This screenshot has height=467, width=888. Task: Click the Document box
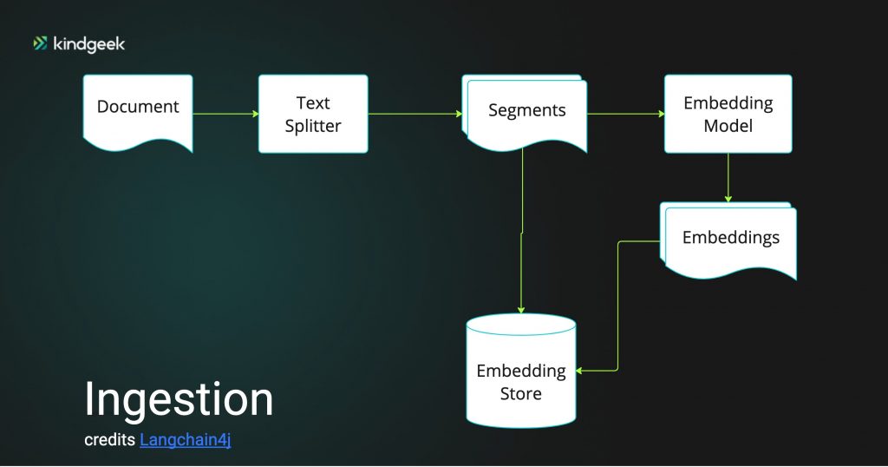[x=138, y=113]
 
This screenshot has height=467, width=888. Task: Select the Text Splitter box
[x=313, y=114]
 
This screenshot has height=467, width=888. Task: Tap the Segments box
[x=525, y=113]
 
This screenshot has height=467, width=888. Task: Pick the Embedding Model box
[x=728, y=114]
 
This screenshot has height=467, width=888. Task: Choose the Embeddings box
[x=728, y=240]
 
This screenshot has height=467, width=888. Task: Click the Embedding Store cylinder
[x=521, y=371]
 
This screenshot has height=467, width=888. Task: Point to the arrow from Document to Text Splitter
[x=225, y=114]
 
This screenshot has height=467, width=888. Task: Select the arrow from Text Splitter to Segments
[x=415, y=114]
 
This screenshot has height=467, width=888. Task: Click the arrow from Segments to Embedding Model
[x=626, y=114]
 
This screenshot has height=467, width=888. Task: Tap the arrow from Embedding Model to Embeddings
[x=728, y=177]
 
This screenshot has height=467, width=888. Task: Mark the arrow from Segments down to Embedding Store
[x=521, y=231]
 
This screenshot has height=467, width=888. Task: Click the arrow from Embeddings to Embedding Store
[x=617, y=306]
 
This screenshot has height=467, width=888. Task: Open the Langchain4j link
[x=186, y=440]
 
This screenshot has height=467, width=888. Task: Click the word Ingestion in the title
[x=179, y=400]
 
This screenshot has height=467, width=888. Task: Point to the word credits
[x=110, y=440]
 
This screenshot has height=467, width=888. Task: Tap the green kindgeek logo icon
[x=40, y=43]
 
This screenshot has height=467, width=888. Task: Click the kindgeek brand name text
[x=89, y=44]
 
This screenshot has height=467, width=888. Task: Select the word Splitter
[x=313, y=126]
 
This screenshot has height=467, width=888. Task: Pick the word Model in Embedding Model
[x=728, y=125]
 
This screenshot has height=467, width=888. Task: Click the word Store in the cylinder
[x=521, y=393]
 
